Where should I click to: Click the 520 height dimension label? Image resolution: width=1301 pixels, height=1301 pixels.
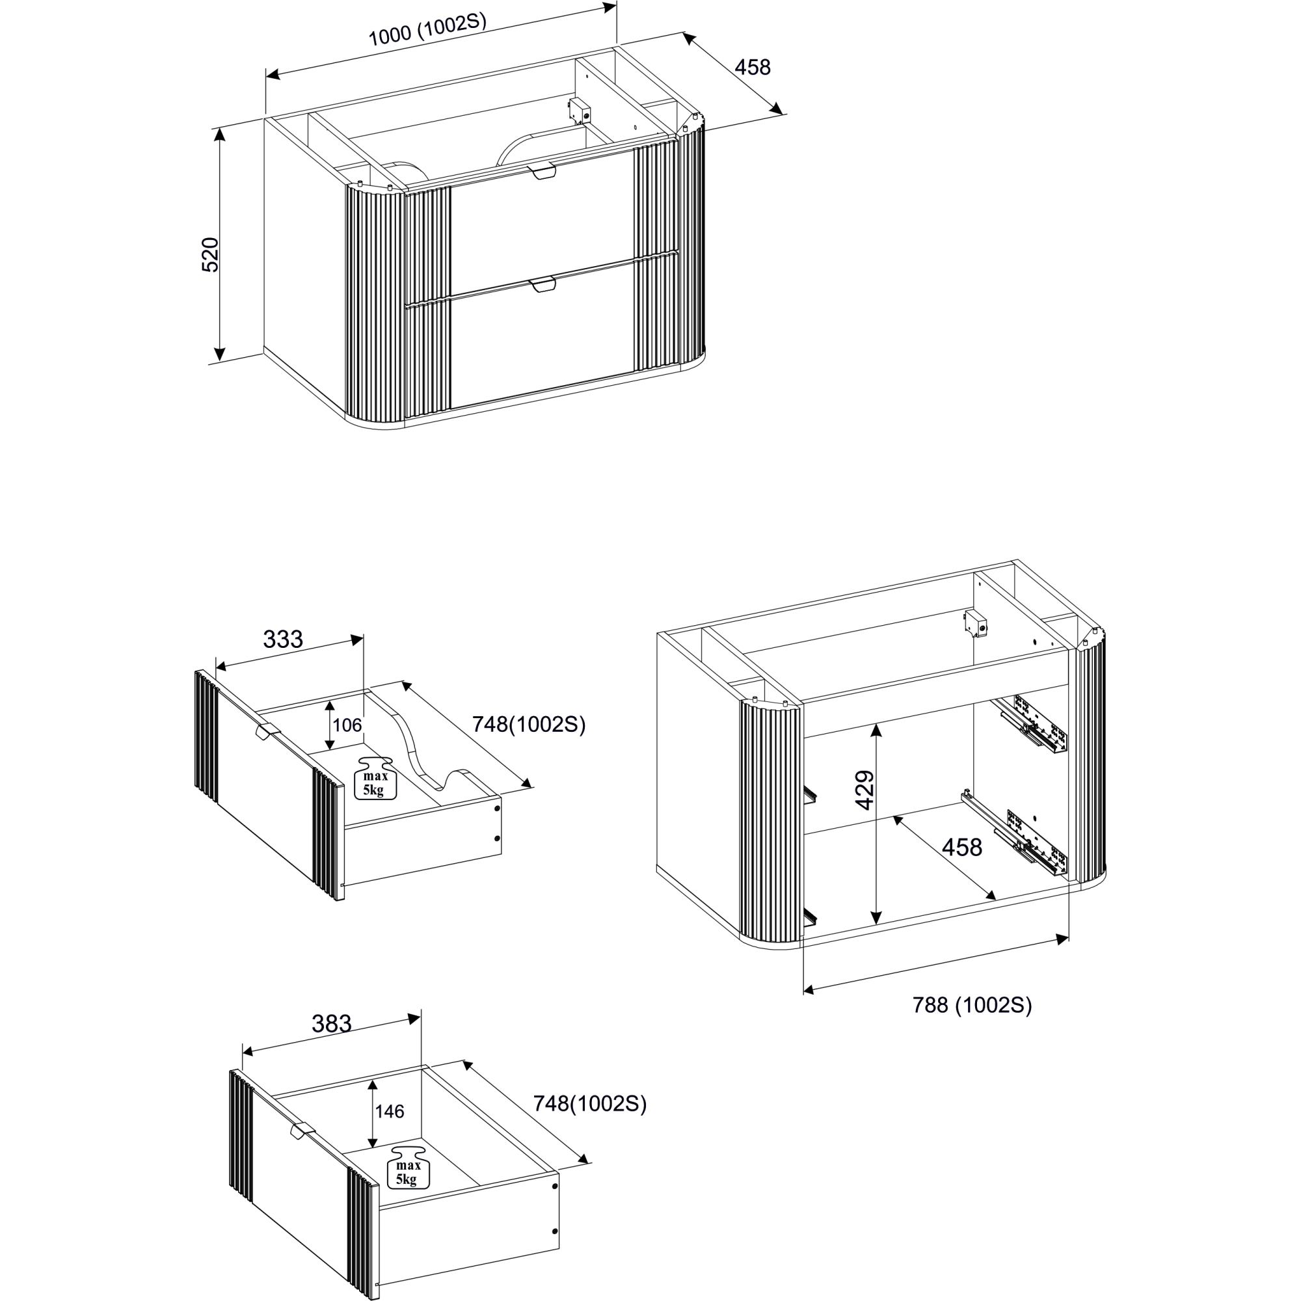211,254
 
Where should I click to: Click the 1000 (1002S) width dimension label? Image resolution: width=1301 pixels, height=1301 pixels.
427,30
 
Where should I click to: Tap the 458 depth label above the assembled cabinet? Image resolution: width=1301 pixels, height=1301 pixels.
752,68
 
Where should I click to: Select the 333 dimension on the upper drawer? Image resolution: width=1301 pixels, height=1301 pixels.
283,638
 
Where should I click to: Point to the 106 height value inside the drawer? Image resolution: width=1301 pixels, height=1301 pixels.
347,725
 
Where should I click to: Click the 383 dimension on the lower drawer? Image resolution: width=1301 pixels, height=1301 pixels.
331,1023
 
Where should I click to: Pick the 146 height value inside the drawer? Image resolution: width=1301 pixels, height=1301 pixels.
389,1111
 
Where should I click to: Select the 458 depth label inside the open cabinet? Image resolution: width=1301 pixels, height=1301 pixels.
961,847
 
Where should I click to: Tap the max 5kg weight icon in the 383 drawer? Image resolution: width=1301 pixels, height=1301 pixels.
408,1166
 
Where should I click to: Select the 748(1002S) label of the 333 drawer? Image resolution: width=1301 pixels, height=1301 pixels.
529,725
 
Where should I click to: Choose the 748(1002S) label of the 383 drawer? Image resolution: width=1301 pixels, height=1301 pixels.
590,1104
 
